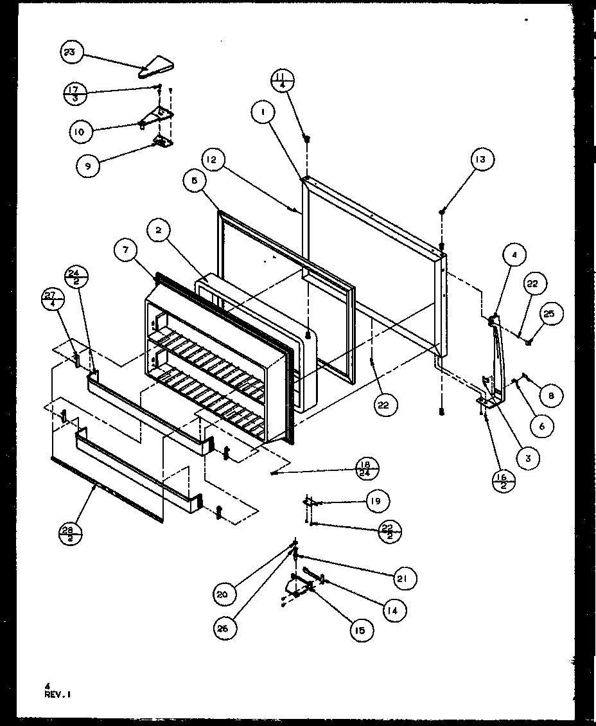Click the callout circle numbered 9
pyautogui.click(x=88, y=165)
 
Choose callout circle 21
pyautogui.click(x=403, y=579)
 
